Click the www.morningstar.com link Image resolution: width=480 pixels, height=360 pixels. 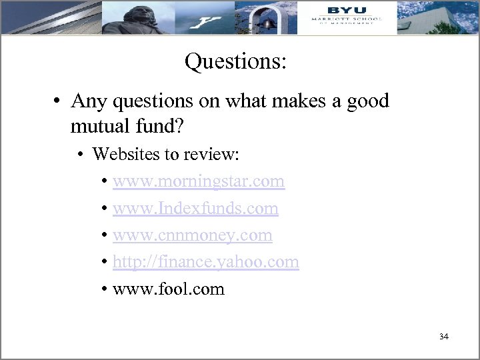click(199, 181)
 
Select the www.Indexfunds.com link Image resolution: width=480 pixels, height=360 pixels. click(195, 209)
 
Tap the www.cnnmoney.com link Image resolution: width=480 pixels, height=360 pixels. click(193, 235)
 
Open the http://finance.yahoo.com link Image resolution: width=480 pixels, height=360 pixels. click(206, 263)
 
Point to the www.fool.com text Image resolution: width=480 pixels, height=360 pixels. click(169, 289)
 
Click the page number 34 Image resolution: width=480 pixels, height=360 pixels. click(444, 337)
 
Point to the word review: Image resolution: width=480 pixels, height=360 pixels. click(216, 155)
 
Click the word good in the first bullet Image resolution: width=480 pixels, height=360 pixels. click(366, 102)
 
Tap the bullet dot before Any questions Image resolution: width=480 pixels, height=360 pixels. click(59, 102)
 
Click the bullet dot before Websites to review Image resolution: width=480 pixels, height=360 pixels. click(80, 155)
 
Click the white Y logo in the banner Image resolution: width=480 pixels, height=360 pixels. click(205, 23)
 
